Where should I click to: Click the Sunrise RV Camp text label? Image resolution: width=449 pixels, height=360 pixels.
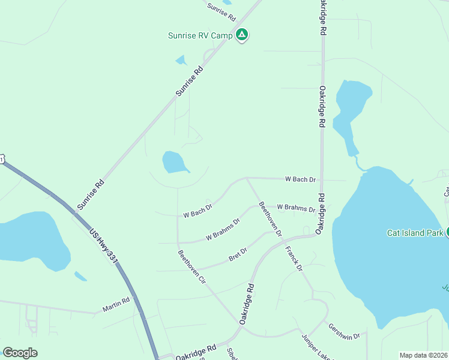pyautogui.click(x=199, y=35)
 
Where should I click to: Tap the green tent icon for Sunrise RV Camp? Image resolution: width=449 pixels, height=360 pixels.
pyautogui.click(x=241, y=35)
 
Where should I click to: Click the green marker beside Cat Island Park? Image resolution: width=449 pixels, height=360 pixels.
pyautogui.click(x=447, y=232)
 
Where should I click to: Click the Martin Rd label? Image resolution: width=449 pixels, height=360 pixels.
pyautogui.click(x=116, y=305)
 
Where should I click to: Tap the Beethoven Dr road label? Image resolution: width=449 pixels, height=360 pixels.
pyautogui.click(x=270, y=219)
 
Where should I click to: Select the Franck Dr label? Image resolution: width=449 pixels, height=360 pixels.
pyautogui.click(x=294, y=258)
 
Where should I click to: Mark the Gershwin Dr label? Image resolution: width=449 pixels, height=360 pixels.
pyautogui.click(x=344, y=331)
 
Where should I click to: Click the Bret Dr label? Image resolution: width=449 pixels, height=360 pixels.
pyautogui.click(x=238, y=255)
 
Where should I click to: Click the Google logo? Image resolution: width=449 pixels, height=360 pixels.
pyautogui.click(x=20, y=353)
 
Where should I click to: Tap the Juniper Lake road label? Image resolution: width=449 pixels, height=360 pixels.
pyautogui.click(x=316, y=347)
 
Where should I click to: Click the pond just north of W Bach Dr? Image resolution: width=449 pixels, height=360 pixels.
pyautogui.click(x=175, y=162)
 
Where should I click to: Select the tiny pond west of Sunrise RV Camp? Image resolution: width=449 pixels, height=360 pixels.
pyautogui.click(x=181, y=60)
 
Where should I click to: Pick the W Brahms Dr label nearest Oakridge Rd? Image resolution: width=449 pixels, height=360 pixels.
pyautogui.click(x=296, y=208)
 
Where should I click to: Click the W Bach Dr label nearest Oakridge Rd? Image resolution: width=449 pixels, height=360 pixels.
pyautogui.click(x=300, y=179)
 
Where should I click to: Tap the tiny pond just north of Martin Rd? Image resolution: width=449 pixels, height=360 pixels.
pyautogui.click(x=80, y=276)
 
